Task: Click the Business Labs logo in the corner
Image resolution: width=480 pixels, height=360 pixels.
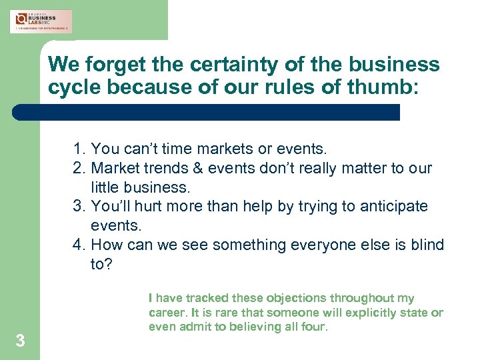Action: pyautogui.click(x=41, y=21)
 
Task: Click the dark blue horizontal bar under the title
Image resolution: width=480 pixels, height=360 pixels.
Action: pyautogui.click(x=207, y=112)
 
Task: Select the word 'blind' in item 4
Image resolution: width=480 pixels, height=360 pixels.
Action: pyautogui.click(x=425, y=245)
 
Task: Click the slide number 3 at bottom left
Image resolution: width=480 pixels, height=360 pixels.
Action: pyautogui.click(x=20, y=341)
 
